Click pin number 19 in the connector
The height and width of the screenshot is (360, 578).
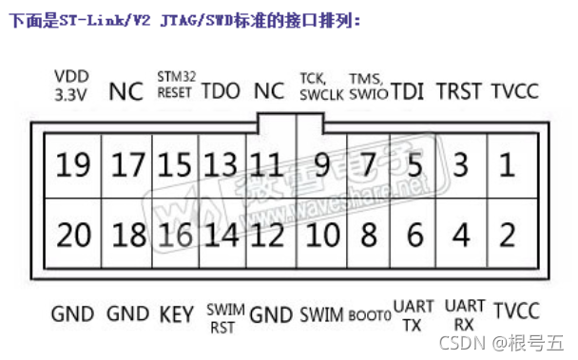coord(71,166)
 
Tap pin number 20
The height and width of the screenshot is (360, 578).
coord(71,234)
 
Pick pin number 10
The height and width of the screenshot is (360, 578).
coord(322,234)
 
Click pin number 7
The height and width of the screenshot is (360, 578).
coord(368,166)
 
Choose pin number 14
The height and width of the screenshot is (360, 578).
coord(223,234)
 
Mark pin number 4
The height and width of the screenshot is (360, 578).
coord(461,234)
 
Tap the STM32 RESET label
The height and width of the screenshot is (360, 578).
coord(174,85)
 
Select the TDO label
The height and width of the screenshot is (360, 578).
coord(222,92)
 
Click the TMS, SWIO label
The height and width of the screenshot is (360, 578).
coord(367,85)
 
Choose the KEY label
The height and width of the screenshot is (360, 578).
coord(176,314)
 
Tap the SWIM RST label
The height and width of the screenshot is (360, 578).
coord(224,319)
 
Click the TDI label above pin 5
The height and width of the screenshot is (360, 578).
coord(409,92)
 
